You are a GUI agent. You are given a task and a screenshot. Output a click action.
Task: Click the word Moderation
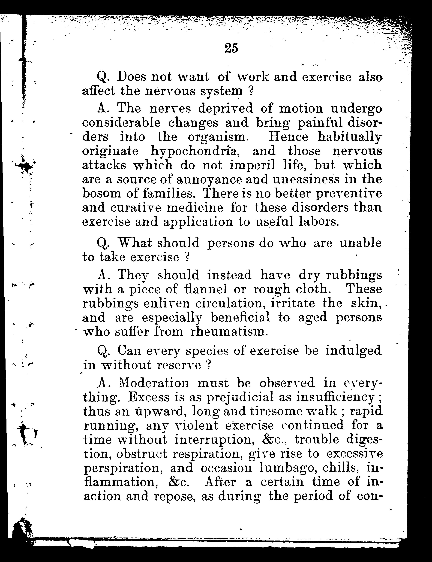(154, 383)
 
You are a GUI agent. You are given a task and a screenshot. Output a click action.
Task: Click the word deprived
(225, 109)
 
